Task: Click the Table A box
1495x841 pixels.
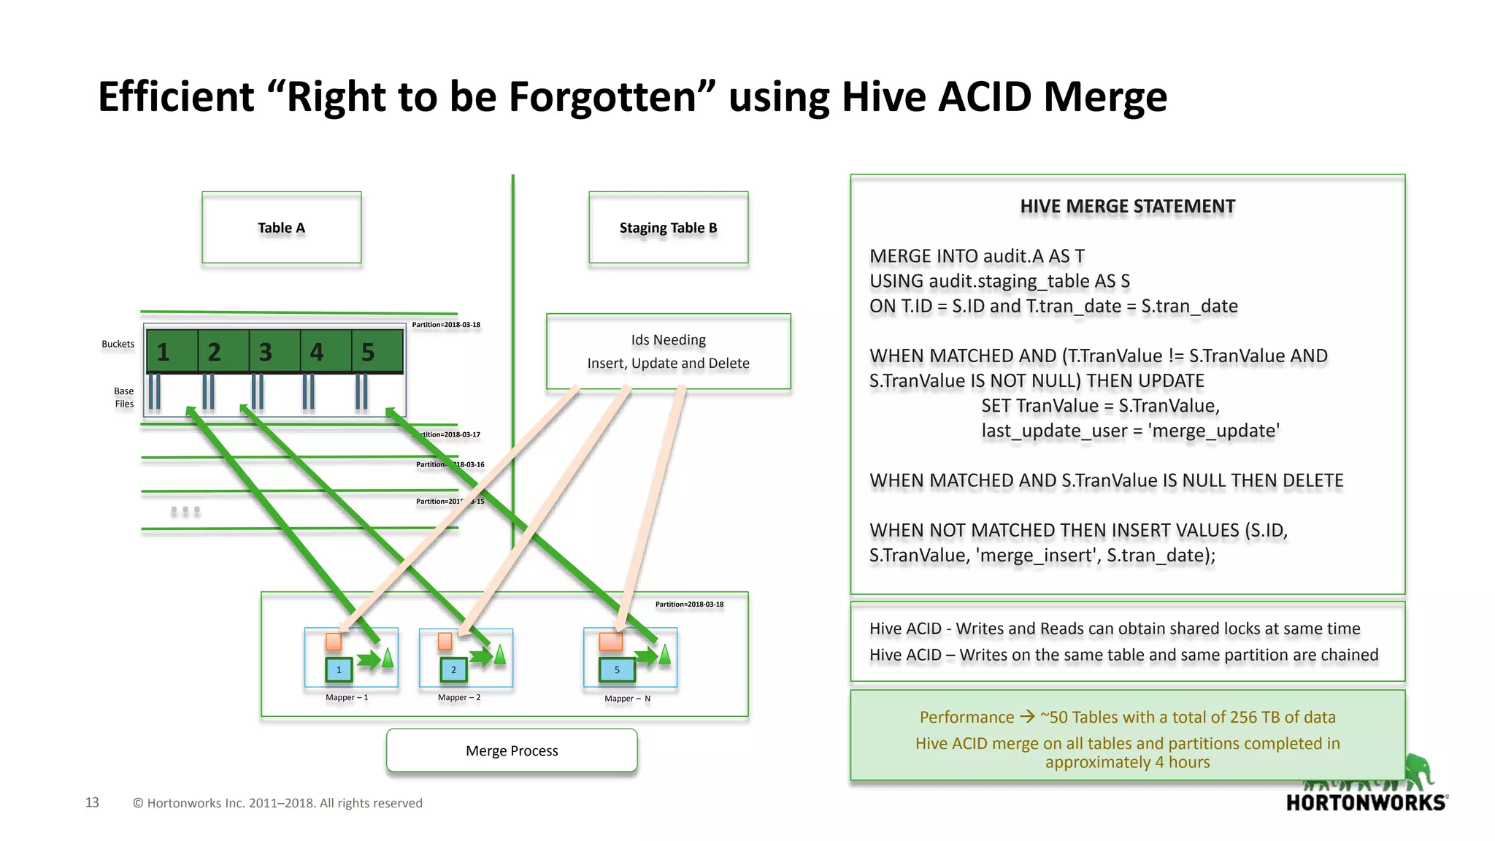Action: click(x=281, y=228)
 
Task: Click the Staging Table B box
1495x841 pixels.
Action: click(x=668, y=228)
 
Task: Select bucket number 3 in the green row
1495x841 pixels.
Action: click(x=266, y=353)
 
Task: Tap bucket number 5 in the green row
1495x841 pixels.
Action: click(x=369, y=353)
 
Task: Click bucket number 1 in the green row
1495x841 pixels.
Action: click(x=164, y=353)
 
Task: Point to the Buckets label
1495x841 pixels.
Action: click(x=118, y=344)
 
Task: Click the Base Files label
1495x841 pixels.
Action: click(x=123, y=397)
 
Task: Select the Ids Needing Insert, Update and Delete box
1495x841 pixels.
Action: click(x=668, y=351)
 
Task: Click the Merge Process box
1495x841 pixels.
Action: click(x=512, y=750)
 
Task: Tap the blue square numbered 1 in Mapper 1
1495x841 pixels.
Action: click(x=339, y=669)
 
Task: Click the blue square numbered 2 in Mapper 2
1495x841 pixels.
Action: click(x=453, y=669)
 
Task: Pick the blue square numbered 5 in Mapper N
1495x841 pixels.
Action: click(x=617, y=669)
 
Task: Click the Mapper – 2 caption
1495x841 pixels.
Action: click(x=459, y=698)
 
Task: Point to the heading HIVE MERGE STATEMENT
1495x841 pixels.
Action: click(x=1127, y=207)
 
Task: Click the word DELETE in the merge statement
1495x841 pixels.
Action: click(x=1313, y=480)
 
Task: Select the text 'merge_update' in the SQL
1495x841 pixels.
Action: click(x=1213, y=431)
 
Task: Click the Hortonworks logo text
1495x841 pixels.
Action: click(x=1366, y=803)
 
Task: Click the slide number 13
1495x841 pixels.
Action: click(x=92, y=802)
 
